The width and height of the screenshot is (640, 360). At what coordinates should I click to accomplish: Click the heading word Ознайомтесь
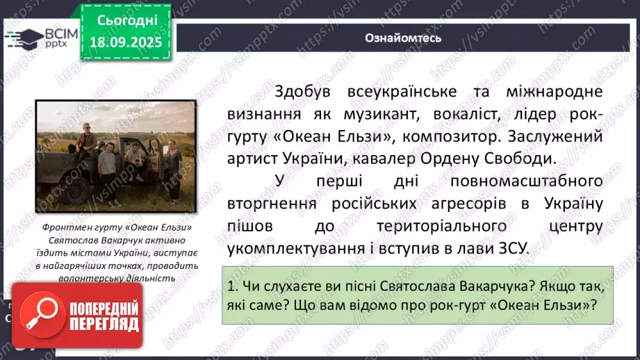403,38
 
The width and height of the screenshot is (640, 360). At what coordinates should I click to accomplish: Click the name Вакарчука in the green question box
446,285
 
